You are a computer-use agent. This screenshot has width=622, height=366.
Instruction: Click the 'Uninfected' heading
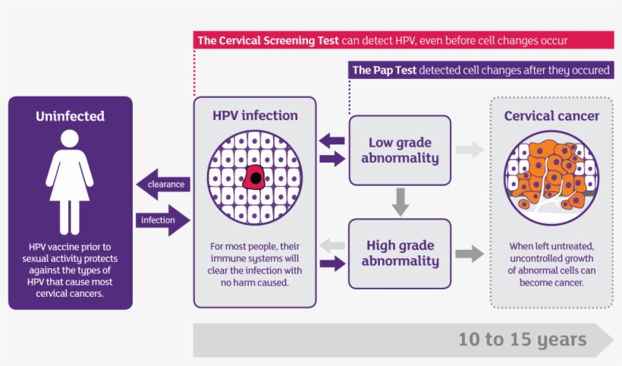click(70, 116)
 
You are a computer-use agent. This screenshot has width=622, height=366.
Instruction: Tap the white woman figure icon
click(70, 181)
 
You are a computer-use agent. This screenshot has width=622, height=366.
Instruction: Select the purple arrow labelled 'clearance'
click(162, 185)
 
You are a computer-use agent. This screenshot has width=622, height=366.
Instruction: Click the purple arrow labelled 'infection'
click(162, 220)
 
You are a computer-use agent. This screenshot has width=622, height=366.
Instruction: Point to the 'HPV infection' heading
click(254, 116)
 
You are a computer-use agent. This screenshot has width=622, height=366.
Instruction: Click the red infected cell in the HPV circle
click(256, 178)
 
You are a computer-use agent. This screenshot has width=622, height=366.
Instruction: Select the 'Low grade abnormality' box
click(400, 150)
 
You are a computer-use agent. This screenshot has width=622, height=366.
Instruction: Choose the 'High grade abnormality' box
click(400, 253)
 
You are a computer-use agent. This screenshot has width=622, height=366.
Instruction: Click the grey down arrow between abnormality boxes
click(401, 200)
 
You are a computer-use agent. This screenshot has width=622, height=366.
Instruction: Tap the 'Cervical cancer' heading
click(551, 116)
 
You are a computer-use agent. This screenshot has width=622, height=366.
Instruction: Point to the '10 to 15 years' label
click(522, 339)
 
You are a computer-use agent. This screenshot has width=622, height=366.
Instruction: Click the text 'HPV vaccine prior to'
click(70, 247)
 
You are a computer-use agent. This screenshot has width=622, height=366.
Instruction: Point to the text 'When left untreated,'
click(551, 247)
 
